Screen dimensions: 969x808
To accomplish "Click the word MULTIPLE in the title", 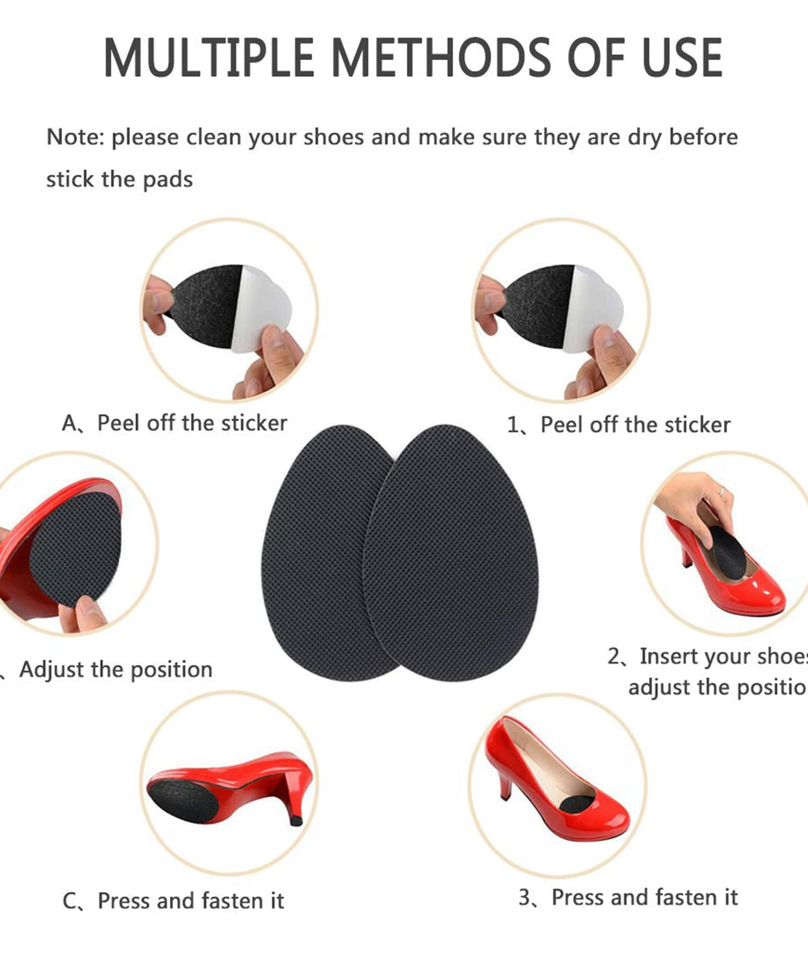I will tap(208, 58).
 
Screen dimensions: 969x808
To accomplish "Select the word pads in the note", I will tap(167, 180).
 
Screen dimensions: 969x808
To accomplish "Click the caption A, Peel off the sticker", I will tap(175, 423).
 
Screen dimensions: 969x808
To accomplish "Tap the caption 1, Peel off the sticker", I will tap(619, 425).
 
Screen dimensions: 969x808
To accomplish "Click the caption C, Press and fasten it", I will tap(173, 901).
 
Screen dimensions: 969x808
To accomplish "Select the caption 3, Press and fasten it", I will tap(628, 897).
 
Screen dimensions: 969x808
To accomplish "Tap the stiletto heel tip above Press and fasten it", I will tap(296, 819).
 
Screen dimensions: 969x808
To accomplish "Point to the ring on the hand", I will tap(721, 492).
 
